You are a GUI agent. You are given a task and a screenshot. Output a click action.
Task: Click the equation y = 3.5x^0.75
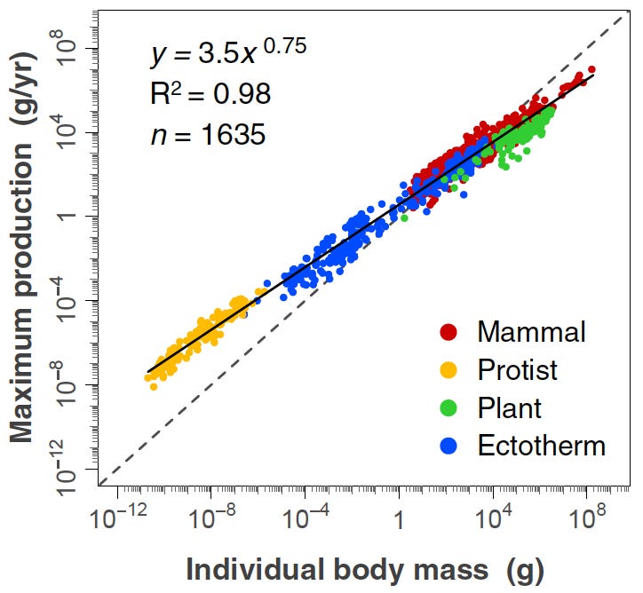[x=228, y=54]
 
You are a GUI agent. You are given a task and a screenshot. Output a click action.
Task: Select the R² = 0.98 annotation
[x=210, y=94]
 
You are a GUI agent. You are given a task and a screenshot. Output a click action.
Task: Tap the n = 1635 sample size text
[x=206, y=135]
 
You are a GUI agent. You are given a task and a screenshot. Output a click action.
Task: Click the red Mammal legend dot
[x=449, y=332]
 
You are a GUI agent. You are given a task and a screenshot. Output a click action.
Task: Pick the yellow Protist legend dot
[x=449, y=369]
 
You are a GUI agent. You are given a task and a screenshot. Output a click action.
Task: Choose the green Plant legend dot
[x=449, y=407]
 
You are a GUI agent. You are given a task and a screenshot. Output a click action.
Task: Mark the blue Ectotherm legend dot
[x=449, y=445]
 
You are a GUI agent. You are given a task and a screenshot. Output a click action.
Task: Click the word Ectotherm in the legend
[x=541, y=445]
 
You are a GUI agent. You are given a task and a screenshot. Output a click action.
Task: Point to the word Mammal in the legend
[x=531, y=332]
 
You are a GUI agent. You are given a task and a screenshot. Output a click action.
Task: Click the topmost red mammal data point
[x=591, y=69]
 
